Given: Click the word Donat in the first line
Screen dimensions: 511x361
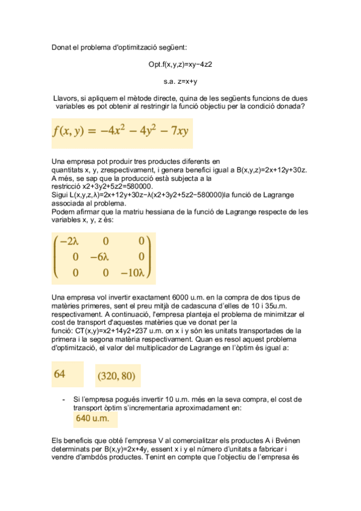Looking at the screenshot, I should pyautogui.click(x=61, y=47).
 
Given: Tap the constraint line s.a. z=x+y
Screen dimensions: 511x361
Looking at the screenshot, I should pyautogui.click(x=180, y=81).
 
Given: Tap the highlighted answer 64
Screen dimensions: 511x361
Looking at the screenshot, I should pyautogui.click(x=60, y=374).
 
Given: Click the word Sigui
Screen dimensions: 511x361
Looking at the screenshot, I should pyautogui.click(x=60, y=195).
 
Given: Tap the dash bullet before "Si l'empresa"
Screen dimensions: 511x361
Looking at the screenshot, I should pyautogui.click(x=64, y=400).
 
